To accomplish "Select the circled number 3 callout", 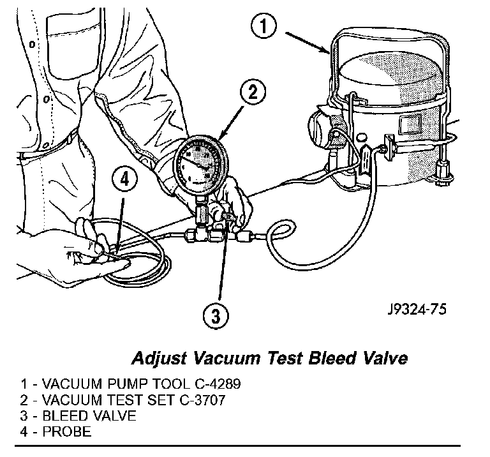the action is tap(218, 315).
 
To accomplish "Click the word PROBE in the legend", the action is tap(67, 432).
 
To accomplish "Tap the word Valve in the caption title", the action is tap(381, 357).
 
